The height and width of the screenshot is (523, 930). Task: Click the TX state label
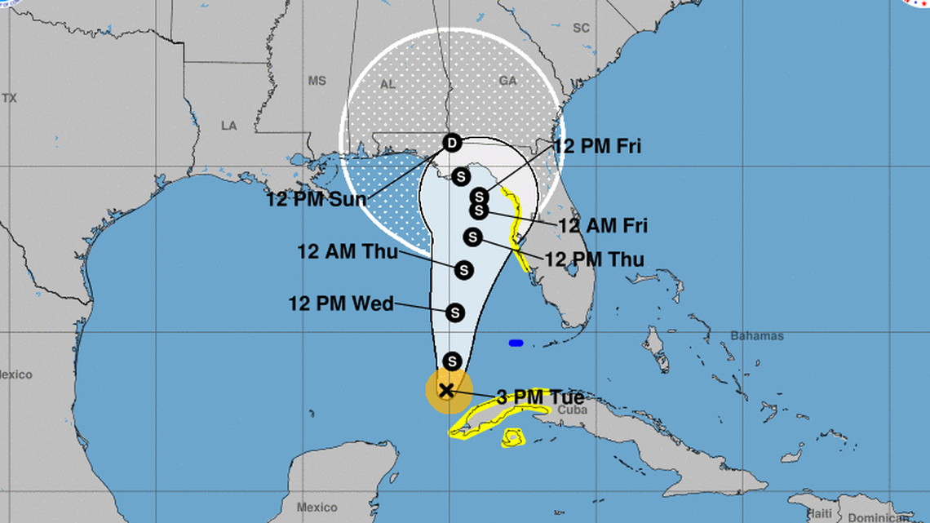coord(9,98)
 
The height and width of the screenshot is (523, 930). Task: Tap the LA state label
coord(228,126)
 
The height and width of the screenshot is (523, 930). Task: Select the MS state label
coord(317,81)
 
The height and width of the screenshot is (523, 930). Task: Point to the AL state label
coord(388,84)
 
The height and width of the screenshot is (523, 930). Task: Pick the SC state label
coord(581,28)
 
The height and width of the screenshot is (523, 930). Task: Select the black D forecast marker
coord(452,144)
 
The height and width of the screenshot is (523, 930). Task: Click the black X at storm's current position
coord(446,390)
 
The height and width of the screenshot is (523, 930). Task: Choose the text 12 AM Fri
coord(602,226)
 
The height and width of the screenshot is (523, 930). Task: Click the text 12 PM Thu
coord(594,259)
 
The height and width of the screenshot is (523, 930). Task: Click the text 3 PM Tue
coord(540,397)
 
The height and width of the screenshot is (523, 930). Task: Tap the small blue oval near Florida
coord(516,343)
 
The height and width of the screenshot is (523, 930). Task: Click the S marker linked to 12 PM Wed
coord(455,312)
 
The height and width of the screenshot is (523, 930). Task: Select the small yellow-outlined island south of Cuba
coord(513,438)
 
